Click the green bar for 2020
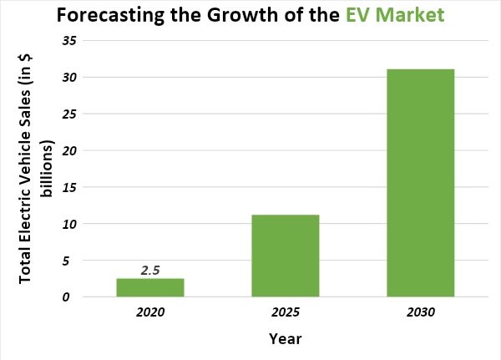point(150,287)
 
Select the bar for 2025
point(285,256)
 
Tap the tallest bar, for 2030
point(420,183)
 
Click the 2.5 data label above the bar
point(150,271)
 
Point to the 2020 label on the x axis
point(151,312)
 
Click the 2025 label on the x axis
point(286,312)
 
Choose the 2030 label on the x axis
point(421,312)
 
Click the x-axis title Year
point(286,339)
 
